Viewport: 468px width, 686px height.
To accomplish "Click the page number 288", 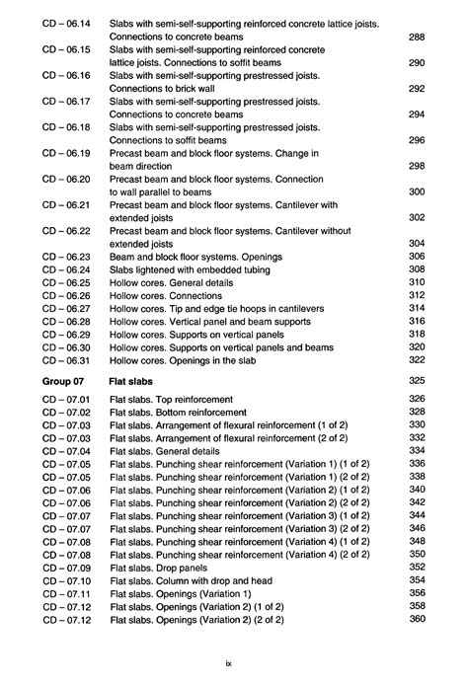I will [416, 37].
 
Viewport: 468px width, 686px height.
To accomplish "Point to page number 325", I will [416, 380].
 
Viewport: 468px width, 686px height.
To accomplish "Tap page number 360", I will [416, 619].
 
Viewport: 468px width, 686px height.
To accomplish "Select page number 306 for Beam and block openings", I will [416, 257].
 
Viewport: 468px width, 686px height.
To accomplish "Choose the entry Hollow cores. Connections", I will [169, 295].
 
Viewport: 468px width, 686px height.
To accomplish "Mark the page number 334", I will [416, 450].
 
